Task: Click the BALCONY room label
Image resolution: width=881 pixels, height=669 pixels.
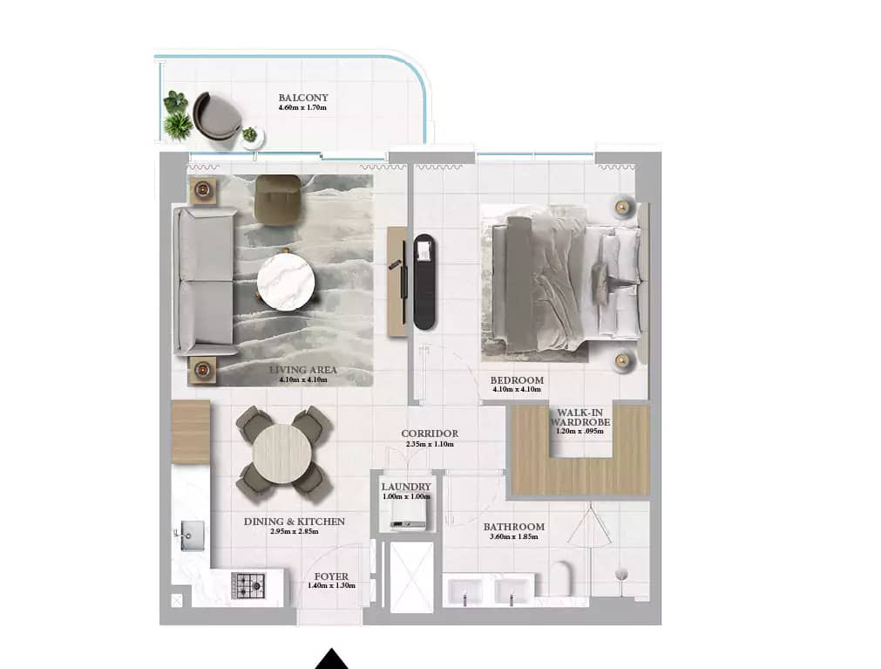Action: (303, 98)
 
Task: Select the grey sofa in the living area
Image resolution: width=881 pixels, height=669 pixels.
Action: (206, 280)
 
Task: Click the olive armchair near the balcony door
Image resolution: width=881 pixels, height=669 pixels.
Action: (278, 199)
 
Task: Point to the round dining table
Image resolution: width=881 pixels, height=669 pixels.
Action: (282, 453)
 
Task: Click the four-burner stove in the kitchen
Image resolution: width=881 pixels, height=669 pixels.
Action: (247, 585)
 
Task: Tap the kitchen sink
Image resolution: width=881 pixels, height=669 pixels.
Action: (191, 533)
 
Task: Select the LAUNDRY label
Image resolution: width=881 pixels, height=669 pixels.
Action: (406, 487)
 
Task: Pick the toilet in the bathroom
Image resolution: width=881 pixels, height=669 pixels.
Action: (560, 577)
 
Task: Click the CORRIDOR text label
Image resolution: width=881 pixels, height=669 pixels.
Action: (430, 433)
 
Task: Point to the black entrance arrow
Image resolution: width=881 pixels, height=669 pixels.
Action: (331, 659)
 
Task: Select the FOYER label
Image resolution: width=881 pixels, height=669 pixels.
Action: (332, 577)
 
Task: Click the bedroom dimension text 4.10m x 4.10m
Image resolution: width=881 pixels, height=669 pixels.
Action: (517, 390)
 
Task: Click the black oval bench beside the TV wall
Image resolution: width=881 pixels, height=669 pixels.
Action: (424, 281)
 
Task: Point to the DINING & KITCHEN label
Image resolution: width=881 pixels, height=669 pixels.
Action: (295, 522)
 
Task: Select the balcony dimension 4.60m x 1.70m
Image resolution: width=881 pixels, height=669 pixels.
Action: (303, 108)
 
